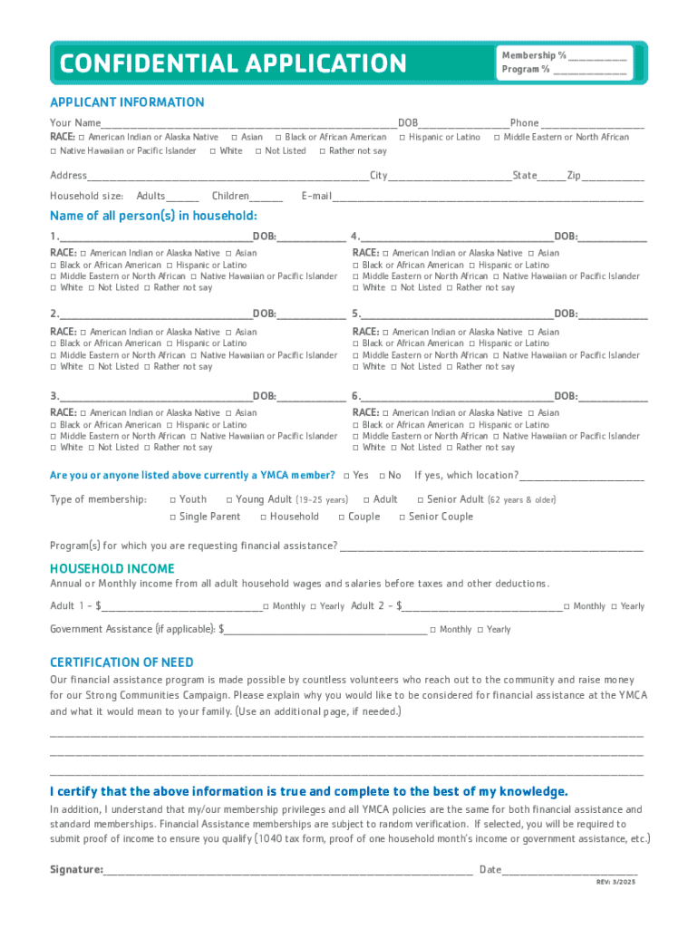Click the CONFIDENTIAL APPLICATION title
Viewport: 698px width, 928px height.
233,63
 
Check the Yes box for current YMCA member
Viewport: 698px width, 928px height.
346,476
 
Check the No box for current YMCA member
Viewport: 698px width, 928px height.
382,476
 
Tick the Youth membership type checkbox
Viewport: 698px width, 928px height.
173,499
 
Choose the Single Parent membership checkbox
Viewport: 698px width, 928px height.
173,517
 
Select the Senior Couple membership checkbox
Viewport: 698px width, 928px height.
402,517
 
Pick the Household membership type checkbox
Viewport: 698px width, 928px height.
264,517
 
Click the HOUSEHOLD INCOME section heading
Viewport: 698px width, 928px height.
112,568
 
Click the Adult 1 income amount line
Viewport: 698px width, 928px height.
181,606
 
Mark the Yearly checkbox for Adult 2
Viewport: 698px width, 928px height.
615,606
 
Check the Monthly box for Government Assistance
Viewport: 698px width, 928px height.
433,629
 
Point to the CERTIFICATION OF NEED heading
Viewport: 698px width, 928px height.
121,662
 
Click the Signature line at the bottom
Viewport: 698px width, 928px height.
287,870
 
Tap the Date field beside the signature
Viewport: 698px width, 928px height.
569,870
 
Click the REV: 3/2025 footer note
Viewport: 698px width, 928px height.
616,883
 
